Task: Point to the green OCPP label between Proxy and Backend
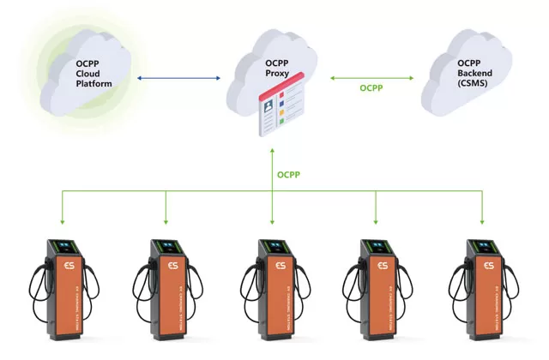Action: (371, 87)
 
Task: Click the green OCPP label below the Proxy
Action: (289, 175)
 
